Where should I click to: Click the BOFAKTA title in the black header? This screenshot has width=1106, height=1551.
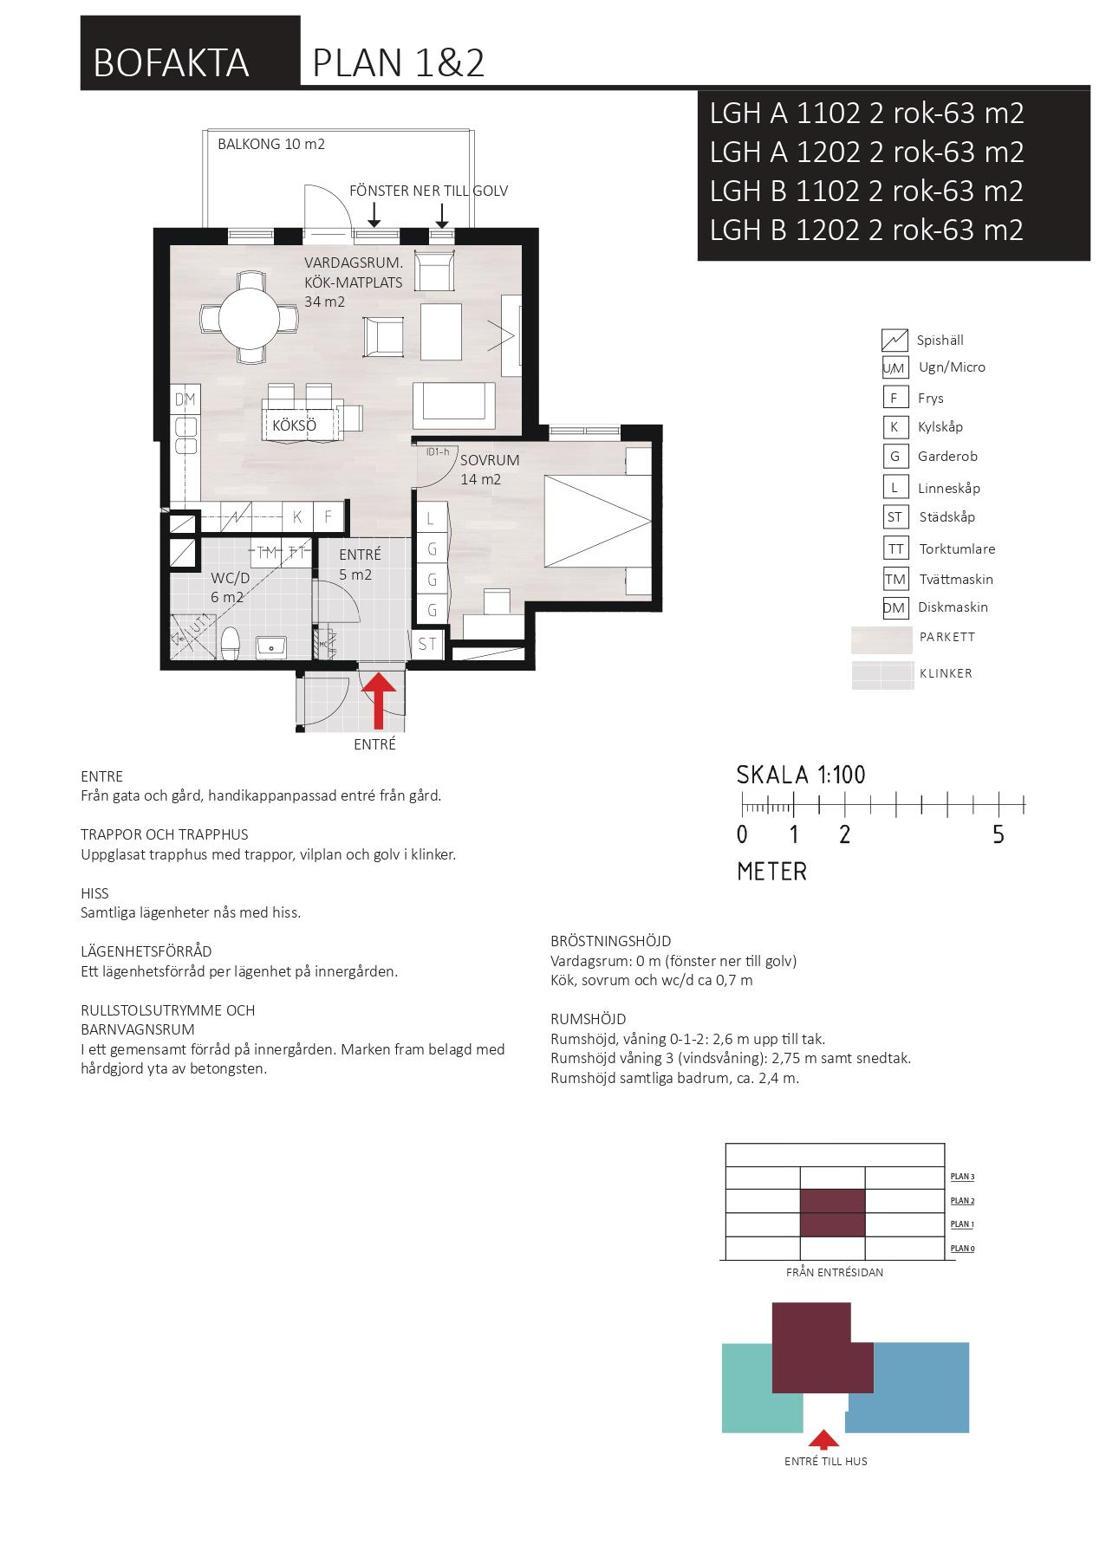coord(171,63)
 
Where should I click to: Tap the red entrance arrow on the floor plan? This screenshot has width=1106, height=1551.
coord(379,700)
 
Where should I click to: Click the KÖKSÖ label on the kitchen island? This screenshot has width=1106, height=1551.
coord(294,425)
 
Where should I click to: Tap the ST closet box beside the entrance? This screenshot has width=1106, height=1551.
coord(427,644)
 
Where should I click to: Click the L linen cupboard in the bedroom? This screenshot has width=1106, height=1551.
coord(430,519)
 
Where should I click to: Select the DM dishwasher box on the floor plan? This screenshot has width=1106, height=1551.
coord(185,399)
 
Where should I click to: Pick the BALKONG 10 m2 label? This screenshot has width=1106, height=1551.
coord(271,144)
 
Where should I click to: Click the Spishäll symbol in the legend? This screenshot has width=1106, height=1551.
coord(895,341)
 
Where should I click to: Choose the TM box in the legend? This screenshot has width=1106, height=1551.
coord(895,579)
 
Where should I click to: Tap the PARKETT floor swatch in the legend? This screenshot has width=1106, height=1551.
coord(882,640)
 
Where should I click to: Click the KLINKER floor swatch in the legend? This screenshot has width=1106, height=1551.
coord(882,675)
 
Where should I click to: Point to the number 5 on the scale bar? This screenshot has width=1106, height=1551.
coord(999,834)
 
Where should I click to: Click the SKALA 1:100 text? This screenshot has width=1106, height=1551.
coord(801,775)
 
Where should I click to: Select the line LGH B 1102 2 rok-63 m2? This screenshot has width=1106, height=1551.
coord(867,191)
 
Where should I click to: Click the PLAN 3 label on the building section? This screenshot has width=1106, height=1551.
coord(962,1177)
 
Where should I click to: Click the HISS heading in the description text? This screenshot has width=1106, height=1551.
coord(94,893)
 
